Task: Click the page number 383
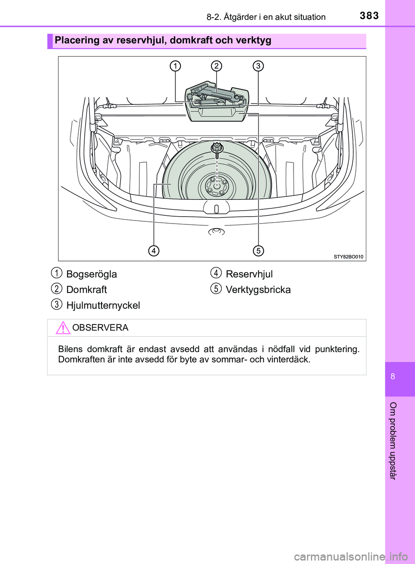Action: click(x=369, y=16)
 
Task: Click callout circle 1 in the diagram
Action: click(x=175, y=66)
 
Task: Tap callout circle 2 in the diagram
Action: click(x=217, y=66)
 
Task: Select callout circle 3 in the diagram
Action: click(x=258, y=66)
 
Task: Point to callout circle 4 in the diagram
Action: click(x=153, y=250)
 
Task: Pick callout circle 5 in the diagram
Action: click(x=258, y=250)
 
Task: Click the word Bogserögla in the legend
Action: click(x=92, y=274)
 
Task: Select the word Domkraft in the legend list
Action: click(x=86, y=290)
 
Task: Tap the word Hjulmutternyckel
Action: click(x=103, y=306)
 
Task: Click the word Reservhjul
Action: click(x=249, y=274)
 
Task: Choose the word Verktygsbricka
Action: click(x=258, y=290)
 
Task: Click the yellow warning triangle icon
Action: click(x=63, y=328)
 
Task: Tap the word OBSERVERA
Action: click(x=100, y=328)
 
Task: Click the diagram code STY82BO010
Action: click(x=348, y=257)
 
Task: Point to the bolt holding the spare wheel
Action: click(x=217, y=149)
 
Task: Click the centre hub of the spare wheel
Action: click(x=217, y=186)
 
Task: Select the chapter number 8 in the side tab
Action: click(x=393, y=377)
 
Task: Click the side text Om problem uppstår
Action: click(x=393, y=441)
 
